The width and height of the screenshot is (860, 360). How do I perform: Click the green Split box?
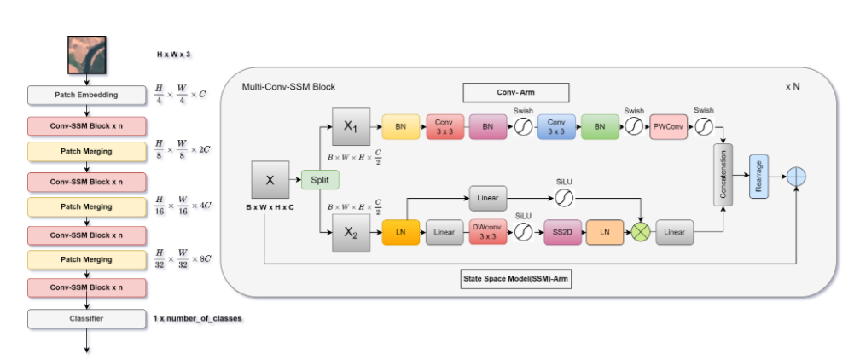[x=320, y=180]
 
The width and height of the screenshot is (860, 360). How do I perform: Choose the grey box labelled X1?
[x=349, y=127]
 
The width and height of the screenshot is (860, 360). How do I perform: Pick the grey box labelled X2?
[x=349, y=231]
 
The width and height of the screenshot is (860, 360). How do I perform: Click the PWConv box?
[x=669, y=128]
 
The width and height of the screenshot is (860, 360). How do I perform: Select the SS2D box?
[x=562, y=231]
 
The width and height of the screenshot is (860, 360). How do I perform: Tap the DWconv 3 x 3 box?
[x=487, y=231]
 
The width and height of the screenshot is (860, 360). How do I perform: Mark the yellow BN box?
[x=399, y=128]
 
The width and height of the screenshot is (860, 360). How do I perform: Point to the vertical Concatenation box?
[x=724, y=175]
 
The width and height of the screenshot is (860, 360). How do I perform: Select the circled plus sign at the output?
[x=795, y=175]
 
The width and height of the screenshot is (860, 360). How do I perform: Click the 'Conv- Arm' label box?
[x=515, y=92]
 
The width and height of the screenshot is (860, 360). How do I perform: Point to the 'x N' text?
[x=793, y=87]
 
